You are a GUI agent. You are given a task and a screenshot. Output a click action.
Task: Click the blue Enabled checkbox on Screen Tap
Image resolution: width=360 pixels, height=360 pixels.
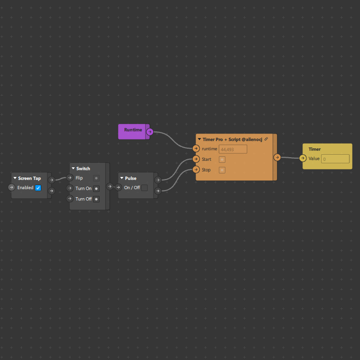pyautogui.click(x=38, y=188)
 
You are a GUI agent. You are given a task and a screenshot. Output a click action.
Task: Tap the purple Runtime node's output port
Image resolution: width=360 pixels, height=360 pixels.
pyautogui.click(x=150, y=132)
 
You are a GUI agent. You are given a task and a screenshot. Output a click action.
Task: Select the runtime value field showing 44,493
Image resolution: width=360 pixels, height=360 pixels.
pyautogui.click(x=233, y=149)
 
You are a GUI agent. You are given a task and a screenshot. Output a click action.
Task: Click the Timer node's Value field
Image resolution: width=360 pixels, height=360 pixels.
pyautogui.click(x=335, y=159)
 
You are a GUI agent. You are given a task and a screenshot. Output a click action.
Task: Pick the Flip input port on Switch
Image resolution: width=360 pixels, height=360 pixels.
pyautogui.click(x=70, y=177)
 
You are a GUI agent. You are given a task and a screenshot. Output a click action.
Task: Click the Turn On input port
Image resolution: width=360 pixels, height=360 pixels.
pyautogui.click(x=70, y=188)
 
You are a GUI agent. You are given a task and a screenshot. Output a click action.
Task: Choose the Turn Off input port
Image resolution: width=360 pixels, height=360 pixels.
pyautogui.click(x=70, y=199)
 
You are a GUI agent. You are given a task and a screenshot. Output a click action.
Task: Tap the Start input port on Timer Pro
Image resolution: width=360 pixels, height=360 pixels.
pyautogui.click(x=196, y=159)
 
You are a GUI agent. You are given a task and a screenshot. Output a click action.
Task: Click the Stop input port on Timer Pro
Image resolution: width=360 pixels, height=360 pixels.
pyautogui.click(x=196, y=169)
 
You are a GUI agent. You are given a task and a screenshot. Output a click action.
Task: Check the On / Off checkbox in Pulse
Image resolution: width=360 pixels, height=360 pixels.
pyautogui.click(x=145, y=188)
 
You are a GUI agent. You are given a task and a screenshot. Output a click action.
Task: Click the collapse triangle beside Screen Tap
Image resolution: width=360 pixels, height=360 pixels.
pyautogui.click(x=15, y=178)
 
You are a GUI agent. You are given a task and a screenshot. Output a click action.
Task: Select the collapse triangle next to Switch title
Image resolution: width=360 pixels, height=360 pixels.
pyautogui.click(x=73, y=168)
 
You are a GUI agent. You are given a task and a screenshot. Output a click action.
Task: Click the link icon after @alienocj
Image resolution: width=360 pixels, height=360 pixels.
pyautogui.click(x=266, y=139)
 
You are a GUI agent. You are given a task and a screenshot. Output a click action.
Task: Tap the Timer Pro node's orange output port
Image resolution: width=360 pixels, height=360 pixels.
pyautogui.click(x=277, y=157)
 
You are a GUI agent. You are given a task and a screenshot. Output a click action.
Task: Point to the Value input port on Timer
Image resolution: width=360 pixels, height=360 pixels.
pyautogui.click(x=303, y=158)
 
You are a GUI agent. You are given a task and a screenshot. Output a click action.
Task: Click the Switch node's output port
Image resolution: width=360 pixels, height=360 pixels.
pyautogui.click(x=110, y=187)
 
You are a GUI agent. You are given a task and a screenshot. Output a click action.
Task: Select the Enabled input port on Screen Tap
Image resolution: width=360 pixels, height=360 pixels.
pyautogui.click(x=12, y=188)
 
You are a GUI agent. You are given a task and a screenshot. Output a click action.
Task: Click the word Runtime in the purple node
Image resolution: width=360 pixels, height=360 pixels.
pyautogui.click(x=133, y=130)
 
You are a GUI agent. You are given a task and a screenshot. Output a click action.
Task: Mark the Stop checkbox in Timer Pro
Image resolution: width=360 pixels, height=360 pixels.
pyautogui.click(x=222, y=170)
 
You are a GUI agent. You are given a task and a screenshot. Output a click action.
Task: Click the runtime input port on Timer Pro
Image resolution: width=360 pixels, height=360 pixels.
pyautogui.click(x=196, y=148)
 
